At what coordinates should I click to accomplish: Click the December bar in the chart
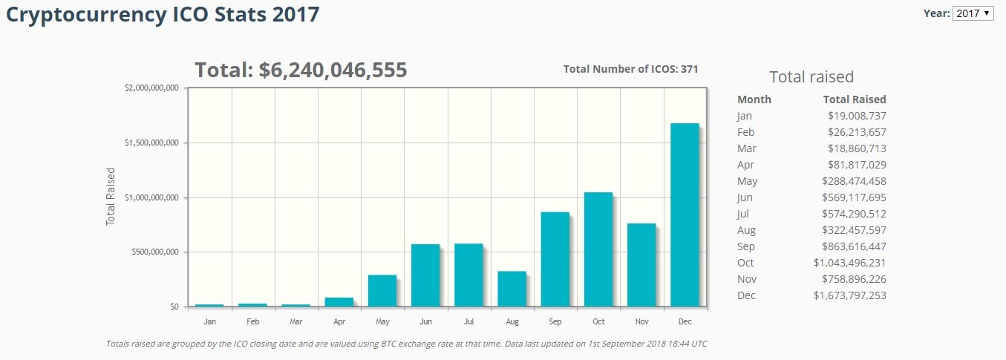[685, 215]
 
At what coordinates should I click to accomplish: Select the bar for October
[598, 249]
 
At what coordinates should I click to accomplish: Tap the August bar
[512, 289]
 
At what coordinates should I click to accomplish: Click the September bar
[555, 259]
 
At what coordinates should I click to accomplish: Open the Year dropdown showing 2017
[973, 13]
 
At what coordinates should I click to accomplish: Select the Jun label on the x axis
[425, 321]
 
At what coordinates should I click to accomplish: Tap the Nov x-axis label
[641, 321]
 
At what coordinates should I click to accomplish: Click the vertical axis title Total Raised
[111, 197]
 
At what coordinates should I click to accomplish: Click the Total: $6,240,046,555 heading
[301, 71]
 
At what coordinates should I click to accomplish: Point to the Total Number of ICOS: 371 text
[630, 69]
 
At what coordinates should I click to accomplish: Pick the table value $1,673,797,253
[849, 295]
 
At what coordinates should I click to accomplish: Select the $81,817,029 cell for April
[857, 165]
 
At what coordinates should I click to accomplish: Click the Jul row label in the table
[744, 214]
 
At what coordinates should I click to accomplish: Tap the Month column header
[754, 99]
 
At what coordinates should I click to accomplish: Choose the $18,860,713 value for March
[857, 148]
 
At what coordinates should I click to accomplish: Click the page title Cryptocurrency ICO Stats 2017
[163, 14]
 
